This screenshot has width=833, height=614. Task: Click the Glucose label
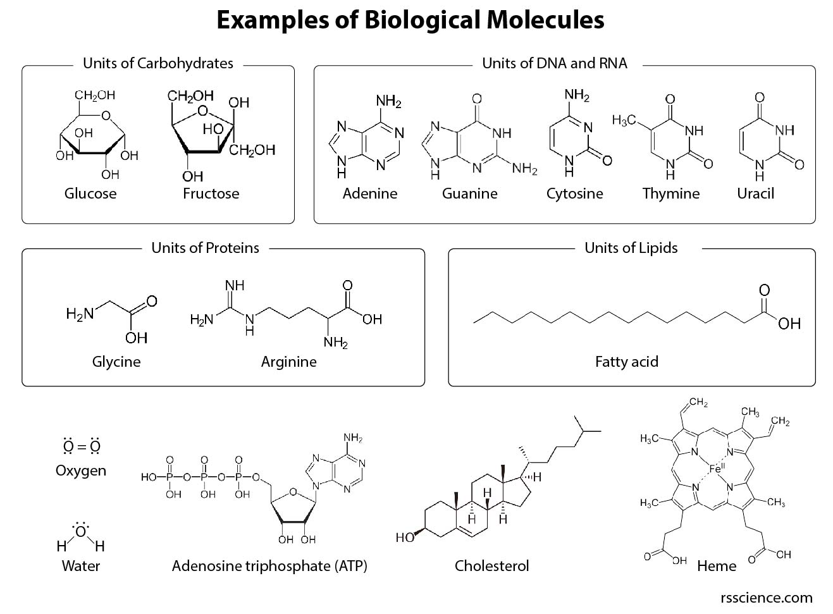pos(90,193)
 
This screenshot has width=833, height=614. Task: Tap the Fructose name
pos(211,193)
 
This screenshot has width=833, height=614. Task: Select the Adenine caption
pos(370,193)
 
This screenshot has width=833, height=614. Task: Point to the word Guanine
pos(469,193)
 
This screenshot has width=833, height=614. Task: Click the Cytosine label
pos(574,193)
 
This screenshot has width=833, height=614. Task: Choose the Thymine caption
pos(670,193)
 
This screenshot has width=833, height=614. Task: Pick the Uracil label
pos(755,193)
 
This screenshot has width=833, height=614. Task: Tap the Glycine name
pos(116,362)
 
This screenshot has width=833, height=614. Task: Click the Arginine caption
pos(288,362)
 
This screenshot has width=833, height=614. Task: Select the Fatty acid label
pos(626,362)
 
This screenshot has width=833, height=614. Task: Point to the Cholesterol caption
pos(491,566)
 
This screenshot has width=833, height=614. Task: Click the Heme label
pos(716,566)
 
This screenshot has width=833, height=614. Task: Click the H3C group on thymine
pos(624,120)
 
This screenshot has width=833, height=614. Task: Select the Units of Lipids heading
pos(631,248)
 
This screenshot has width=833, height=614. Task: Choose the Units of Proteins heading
pos(205,248)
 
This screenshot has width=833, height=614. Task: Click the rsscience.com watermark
pos(766,598)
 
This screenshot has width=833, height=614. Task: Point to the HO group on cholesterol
pos(405,537)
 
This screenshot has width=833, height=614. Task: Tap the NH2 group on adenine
pos(388,101)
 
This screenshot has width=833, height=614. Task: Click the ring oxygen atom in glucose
pos(106,115)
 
